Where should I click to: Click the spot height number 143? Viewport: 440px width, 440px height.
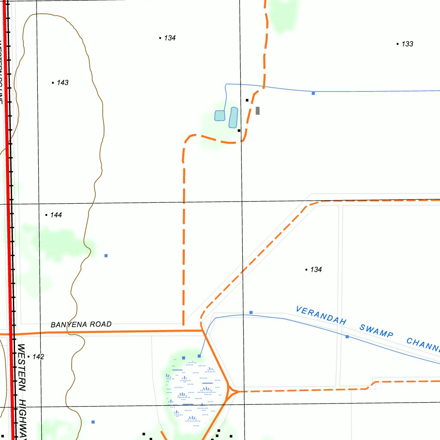[x=62, y=82]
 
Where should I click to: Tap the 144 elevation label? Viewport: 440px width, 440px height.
[x=56, y=215]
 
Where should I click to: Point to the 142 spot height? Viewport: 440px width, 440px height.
[x=38, y=357]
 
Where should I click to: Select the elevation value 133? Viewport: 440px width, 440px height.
[x=407, y=44]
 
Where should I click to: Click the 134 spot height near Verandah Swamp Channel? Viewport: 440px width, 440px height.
[x=316, y=269]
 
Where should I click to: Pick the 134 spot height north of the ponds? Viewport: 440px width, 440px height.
[x=170, y=38]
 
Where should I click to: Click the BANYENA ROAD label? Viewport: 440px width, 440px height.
[x=81, y=324]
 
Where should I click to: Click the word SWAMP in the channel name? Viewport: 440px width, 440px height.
[x=376, y=331]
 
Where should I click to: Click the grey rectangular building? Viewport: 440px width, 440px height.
[x=257, y=110]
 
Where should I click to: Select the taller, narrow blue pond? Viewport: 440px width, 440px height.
[x=233, y=117]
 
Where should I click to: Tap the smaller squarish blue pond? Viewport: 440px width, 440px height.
[x=220, y=116]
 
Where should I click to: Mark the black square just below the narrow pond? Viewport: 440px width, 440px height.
[x=239, y=130]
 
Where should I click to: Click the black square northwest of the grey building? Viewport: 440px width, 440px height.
[x=247, y=100]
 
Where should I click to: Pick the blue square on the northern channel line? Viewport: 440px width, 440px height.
[x=313, y=93]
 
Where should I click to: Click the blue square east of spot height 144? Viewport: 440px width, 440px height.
[x=106, y=256]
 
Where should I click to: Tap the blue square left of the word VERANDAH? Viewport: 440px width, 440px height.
[x=251, y=312]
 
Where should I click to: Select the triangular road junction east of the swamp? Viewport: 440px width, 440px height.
[x=232, y=391]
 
